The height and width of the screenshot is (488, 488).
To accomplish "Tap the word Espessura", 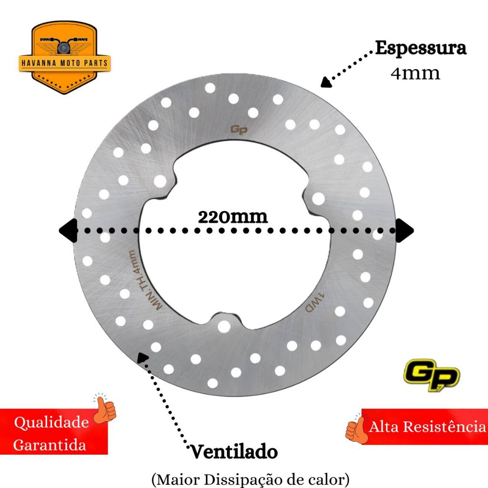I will (x=420, y=49).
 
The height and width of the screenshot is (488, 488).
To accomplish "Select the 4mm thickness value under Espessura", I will (x=415, y=73).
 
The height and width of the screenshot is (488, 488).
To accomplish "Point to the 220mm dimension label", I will (x=233, y=217).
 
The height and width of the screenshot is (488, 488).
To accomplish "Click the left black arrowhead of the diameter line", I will (x=67, y=231).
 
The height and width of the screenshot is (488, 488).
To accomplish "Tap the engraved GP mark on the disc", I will (x=239, y=130).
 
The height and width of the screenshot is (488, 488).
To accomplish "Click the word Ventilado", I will (x=234, y=451).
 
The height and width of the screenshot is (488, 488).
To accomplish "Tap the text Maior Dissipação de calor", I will (x=251, y=478).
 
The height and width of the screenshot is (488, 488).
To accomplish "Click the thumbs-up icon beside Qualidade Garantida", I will (x=104, y=410).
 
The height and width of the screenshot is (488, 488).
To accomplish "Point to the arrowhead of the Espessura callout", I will (x=326, y=83).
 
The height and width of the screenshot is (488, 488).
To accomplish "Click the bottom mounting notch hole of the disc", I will (x=224, y=326).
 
